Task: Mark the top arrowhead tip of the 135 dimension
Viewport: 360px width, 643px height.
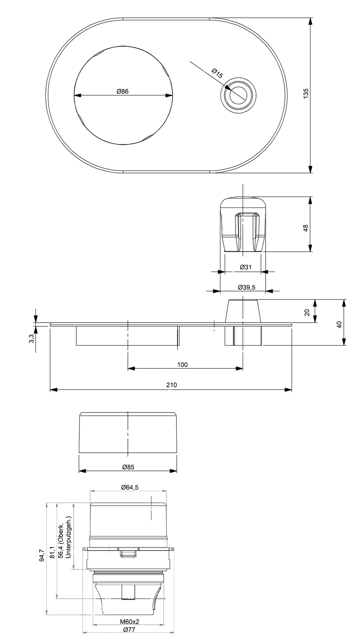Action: pos(310,18)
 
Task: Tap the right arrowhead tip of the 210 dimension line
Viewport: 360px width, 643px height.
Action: pos(292,389)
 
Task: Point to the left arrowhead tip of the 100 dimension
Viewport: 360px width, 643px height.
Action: pos(128,368)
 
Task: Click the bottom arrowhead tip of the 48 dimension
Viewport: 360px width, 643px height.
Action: pos(310,251)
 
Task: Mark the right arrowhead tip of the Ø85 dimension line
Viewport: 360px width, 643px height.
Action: pos(177,471)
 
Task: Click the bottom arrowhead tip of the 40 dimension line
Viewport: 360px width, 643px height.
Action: pos(344,345)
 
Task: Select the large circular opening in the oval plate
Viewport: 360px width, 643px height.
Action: pos(124,95)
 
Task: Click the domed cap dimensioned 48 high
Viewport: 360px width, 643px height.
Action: pos(243,224)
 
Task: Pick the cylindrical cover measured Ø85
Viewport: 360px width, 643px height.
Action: pos(128,433)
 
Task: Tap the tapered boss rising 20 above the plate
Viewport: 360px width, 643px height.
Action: pos(243,311)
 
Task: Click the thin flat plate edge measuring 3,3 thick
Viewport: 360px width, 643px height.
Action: pos(171,324)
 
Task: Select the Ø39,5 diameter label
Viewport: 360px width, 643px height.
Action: pos(246,287)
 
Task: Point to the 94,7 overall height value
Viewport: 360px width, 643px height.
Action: pos(42,556)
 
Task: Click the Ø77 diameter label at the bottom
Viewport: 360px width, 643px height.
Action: pos(129,630)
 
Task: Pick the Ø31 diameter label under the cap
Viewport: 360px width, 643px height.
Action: pos(246,267)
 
